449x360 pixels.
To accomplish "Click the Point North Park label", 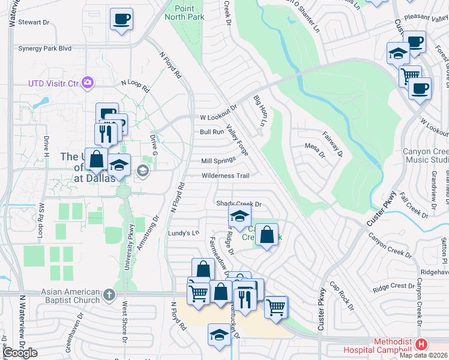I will click(189, 12).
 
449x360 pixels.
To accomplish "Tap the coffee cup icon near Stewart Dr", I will click(122, 19).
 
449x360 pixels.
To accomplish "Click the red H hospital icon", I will click(422, 344).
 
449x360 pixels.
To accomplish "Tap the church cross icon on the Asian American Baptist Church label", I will click(109, 294).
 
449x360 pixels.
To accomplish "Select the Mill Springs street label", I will click(218, 161).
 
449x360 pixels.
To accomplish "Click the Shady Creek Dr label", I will click(240, 204).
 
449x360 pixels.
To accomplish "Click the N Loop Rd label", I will click(135, 85).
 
